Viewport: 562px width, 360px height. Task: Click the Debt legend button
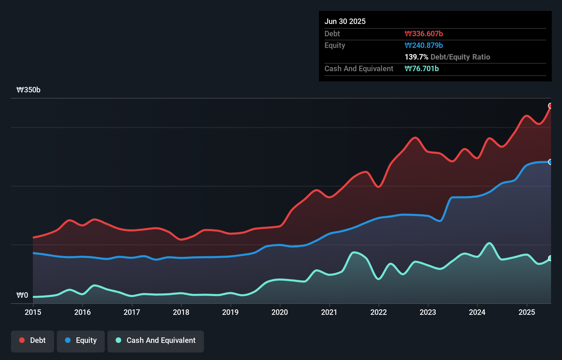click(x=33, y=341)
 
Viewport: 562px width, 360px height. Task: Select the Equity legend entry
click(x=81, y=341)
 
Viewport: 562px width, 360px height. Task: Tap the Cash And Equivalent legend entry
click(x=156, y=341)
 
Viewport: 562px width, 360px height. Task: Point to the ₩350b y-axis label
click(x=28, y=90)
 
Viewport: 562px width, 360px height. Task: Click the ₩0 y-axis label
click(x=22, y=295)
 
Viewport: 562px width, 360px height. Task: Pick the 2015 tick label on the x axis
click(x=33, y=312)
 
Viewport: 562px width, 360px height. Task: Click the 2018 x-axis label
click(x=181, y=312)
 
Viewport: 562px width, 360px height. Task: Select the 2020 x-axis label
click(x=280, y=312)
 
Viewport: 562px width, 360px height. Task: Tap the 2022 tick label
click(x=379, y=312)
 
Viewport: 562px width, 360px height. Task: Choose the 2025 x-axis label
click(x=526, y=312)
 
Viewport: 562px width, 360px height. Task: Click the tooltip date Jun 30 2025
click(x=345, y=22)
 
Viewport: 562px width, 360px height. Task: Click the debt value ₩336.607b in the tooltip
click(x=424, y=34)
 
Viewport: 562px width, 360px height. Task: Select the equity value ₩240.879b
click(x=424, y=46)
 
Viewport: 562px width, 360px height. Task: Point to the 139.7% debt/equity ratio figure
click(x=416, y=57)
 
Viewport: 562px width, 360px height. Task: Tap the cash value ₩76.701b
click(x=422, y=69)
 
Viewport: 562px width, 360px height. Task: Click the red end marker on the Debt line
click(x=550, y=106)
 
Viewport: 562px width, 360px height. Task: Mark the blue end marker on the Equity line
click(x=550, y=162)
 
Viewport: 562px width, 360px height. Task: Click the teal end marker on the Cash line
click(x=550, y=258)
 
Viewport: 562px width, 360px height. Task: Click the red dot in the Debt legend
click(x=22, y=340)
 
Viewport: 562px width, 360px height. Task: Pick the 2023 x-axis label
click(x=428, y=312)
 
